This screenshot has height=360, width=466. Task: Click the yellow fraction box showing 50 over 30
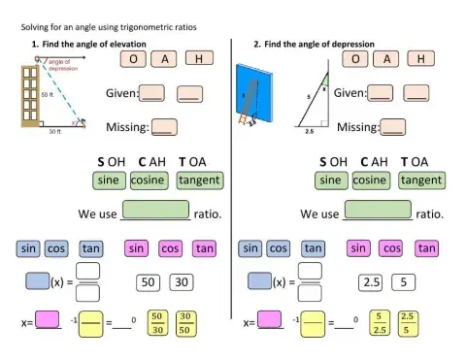(155, 321)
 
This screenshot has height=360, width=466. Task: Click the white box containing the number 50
(149, 282)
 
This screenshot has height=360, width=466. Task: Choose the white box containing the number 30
(181, 282)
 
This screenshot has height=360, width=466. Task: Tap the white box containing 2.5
(370, 282)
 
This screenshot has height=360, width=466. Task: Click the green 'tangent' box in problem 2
(421, 180)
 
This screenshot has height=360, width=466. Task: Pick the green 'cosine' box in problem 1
(148, 180)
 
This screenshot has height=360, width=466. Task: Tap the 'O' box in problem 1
(133, 59)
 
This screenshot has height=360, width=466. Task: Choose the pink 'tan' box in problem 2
(426, 248)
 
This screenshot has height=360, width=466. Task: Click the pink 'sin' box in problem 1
(138, 248)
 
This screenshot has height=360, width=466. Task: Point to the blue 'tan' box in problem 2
(313, 248)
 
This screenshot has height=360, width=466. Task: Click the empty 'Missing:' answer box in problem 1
(164, 126)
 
